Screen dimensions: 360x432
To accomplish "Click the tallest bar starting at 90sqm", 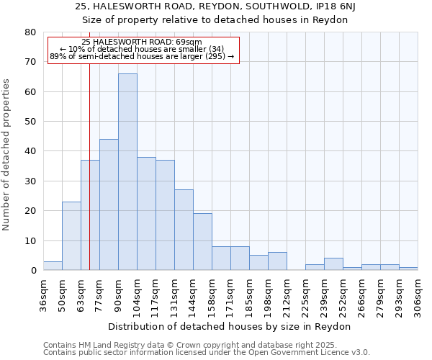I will [127, 172].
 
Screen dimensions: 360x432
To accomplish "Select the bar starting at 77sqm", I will [109, 204].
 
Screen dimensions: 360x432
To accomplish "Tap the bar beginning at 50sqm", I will [71, 236].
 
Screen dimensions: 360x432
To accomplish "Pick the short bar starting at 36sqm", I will [53, 266].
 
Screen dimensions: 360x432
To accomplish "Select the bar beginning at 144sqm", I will [202, 242].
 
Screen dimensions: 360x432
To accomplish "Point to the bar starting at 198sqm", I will [277, 261].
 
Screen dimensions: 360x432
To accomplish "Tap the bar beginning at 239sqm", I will [333, 264].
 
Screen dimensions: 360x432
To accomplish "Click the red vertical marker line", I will [89, 180].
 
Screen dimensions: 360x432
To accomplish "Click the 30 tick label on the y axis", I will [30, 181].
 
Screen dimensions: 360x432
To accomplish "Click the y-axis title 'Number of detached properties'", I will [7, 155].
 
